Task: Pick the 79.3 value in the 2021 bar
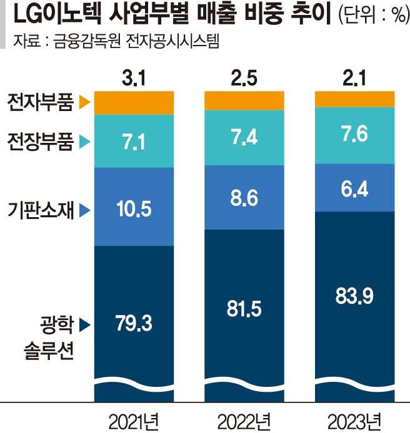coord(133,324)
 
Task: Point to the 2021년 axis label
coord(133,417)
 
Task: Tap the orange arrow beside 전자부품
coord(86,102)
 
